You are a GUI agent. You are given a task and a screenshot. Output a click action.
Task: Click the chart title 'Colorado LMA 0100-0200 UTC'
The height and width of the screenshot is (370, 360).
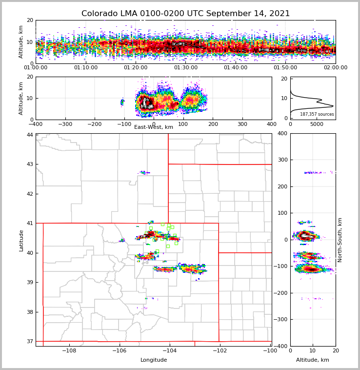(185, 14)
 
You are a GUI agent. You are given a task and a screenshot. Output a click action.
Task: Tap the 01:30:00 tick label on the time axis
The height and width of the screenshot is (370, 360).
(186, 68)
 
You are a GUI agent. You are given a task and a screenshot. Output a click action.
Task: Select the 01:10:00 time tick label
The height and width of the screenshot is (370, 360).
(86, 68)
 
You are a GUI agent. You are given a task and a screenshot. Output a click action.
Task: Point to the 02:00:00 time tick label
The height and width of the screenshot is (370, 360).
(336, 68)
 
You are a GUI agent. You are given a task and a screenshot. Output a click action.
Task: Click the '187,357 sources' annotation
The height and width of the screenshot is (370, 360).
(317, 114)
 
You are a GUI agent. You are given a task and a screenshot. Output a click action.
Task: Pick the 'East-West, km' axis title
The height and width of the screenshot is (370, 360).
(154, 127)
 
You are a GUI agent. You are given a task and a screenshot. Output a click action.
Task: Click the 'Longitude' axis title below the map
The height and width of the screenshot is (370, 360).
(154, 360)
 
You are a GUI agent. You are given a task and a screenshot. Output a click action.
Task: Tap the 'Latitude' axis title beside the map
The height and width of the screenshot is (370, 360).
(21, 240)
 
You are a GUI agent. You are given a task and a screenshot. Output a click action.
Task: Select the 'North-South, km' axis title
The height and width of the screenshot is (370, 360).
(340, 240)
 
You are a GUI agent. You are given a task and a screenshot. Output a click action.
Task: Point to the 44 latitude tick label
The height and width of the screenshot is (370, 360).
(30, 135)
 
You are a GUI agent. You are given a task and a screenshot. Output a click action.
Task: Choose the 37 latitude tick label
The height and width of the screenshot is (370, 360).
(30, 341)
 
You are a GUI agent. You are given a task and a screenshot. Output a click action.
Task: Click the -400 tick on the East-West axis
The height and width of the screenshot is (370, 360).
(36, 124)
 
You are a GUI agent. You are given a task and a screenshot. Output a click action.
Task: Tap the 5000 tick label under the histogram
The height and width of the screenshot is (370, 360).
(317, 124)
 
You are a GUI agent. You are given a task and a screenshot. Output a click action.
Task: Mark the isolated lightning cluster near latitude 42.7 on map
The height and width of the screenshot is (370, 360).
(144, 172)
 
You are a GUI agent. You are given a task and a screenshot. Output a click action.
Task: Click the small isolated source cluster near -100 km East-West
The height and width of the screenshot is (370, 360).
(122, 102)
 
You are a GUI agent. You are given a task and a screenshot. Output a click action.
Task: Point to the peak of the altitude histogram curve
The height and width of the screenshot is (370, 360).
(333, 106)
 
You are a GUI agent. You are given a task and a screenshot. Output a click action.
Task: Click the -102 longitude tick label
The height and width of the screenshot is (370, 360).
(220, 351)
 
